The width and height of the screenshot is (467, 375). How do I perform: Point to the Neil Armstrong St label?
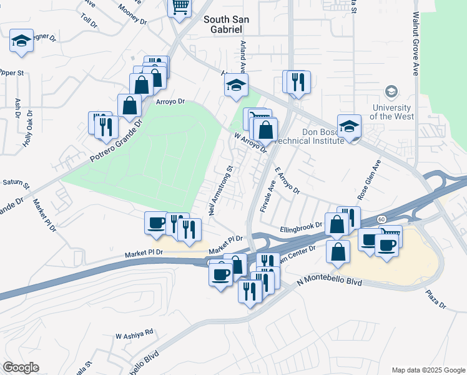coord(221,190)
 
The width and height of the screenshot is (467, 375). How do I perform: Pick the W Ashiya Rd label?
coord(134,334)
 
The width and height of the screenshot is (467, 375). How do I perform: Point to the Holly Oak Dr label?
coord(27,128)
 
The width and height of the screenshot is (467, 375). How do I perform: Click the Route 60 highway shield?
coord(380,219)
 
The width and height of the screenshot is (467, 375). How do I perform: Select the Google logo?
coord(21,367)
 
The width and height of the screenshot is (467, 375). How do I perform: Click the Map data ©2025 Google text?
coord(428,369)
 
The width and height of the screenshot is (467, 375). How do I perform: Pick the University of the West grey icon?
coord(391,92)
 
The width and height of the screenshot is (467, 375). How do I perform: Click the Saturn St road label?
coord(16,182)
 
